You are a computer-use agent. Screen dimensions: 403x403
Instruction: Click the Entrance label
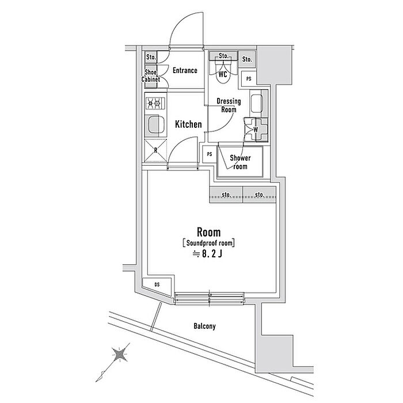pyautogui.click(x=185, y=70)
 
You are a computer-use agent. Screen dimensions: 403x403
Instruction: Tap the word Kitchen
pyautogui.click(x=188, y=124)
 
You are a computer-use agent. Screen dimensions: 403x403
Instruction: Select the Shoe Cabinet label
pyautogui.click(x=151, y=75)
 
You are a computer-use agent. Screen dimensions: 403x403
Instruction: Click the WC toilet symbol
pyautogui.click(x=223, y=71)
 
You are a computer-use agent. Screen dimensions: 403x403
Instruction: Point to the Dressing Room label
pyautogui.click(x=229, y=105)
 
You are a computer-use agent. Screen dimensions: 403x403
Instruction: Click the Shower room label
pyautogui.click(x=240, y=162)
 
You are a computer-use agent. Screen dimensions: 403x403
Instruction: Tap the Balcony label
pyautogui.click(x=204, y=326)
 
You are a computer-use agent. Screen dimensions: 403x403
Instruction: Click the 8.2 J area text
pyautogui.click(x=208, y=254)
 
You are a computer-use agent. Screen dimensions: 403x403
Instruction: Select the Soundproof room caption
pyautogui.click(x=208, y=243)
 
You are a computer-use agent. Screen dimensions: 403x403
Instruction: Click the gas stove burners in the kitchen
pyautogui.click(x=155, y=103)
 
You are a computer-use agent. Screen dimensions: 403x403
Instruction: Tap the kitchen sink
pyautogui.click(x=155, y=124)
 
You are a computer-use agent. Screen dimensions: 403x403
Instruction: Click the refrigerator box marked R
pyautogui.click(x=155, y=150)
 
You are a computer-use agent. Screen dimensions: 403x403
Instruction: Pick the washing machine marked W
pyautogui.click(x=256, y=130)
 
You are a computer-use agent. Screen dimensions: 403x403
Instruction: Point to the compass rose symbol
pyautogui.click(x=120, y=355)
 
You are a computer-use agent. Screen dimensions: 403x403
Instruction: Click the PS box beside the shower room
pyautogui.click(x=210, y=154)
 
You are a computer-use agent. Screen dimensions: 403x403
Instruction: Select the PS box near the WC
pyautogui.click(x=249, y=79)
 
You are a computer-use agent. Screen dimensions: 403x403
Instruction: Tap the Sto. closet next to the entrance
pyautogui.click(x=151, y=57)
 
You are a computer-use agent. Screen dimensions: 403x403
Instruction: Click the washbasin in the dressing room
pyautogui.click(x=257, y=104)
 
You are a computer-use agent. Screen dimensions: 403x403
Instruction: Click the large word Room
pyautogui.click(x=208, y=232)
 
